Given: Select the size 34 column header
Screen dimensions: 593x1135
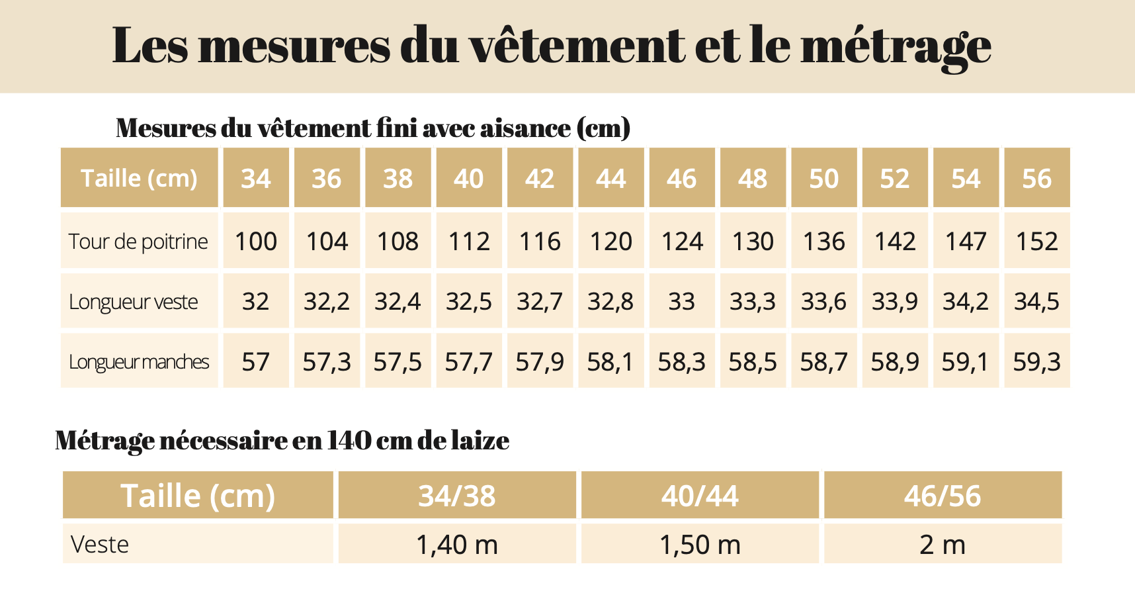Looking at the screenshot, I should [256, 179].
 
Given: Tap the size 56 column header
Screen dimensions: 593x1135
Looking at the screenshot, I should [1036, 179].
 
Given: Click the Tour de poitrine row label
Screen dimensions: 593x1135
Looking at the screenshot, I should [138, 242].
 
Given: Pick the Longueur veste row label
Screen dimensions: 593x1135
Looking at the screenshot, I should [134, 302].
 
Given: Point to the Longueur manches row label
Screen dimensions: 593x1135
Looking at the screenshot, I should [139, 362].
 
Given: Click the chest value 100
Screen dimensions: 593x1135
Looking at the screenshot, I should [256, 242].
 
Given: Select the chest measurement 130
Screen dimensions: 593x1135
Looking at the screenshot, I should [753, 242].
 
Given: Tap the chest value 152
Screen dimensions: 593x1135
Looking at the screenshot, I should [1036, 242].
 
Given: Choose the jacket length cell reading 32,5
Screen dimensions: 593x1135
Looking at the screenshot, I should [469, 302].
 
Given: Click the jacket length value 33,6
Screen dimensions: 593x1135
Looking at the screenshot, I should [823, 302].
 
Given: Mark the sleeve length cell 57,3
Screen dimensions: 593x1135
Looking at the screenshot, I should [327, 362].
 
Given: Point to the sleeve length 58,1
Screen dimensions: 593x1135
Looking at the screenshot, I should [610, 362].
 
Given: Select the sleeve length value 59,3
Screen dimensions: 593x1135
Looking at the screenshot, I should [1036, 362].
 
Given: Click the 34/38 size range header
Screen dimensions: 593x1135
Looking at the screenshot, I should [457, 496].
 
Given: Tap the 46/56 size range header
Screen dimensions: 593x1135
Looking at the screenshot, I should [943, 496].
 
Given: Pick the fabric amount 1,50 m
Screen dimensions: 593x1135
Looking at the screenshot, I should [700, 545].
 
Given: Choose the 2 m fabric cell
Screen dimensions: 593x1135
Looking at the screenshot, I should [943, 545].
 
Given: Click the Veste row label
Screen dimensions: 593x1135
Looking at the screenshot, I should [100, 545].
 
